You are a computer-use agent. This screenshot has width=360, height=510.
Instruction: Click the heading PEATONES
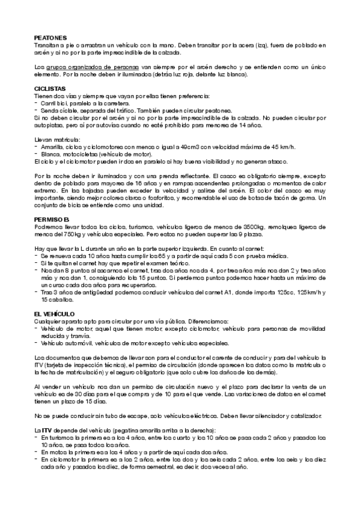pos(50,38)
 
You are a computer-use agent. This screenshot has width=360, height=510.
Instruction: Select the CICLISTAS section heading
pos(50,88)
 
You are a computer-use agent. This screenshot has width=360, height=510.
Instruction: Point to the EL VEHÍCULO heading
pos(54,314)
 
